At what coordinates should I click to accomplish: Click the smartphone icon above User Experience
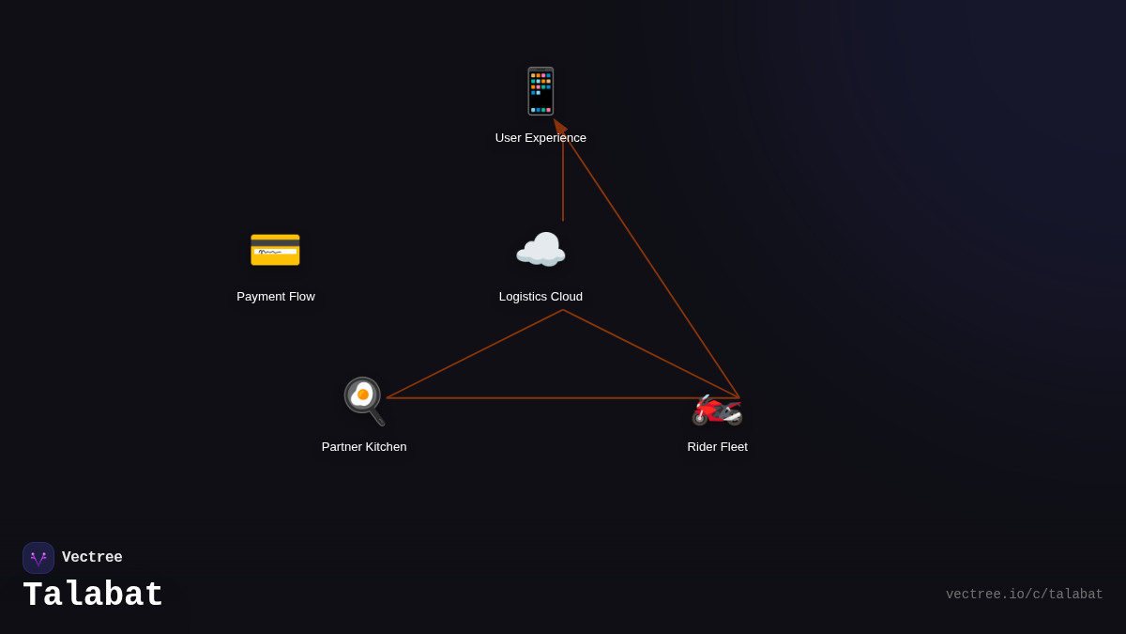point(540,91)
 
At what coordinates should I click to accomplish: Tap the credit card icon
point(275,251)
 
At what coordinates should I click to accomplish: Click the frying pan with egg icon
point(364,400)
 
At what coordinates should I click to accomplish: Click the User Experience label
point(540,138)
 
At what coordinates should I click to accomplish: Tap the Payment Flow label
point(276,297)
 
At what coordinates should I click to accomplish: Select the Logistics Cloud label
point(540,297)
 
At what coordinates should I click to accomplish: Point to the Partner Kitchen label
point(364,447)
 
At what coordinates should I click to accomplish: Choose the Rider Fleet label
point(717,447)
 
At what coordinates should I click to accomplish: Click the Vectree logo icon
point(38,558)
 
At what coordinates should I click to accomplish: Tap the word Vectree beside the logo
point(92,558)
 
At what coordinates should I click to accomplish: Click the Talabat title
point(93,595)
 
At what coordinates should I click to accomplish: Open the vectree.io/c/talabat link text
point(1024,595)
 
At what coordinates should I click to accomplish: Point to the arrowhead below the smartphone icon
point(559,127)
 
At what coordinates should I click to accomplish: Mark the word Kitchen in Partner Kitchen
point(385,447)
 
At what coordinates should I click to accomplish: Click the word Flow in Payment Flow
point(300,297)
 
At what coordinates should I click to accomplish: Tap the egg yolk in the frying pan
point(362,394)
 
